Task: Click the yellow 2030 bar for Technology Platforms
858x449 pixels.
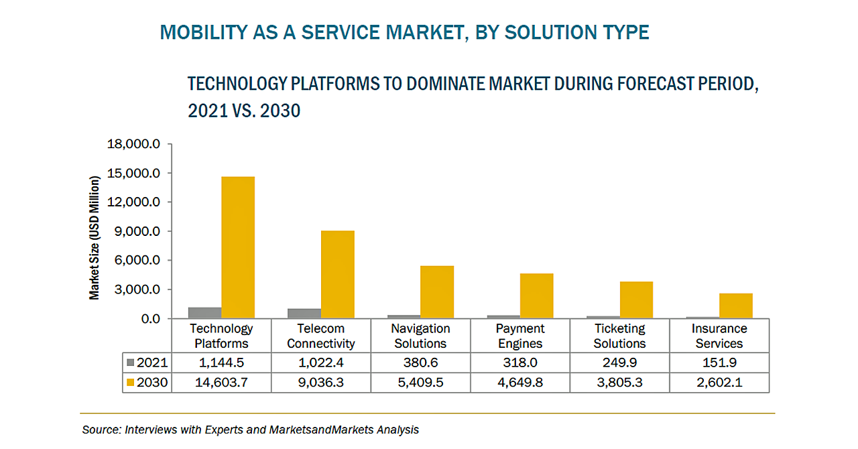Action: pos(238,247)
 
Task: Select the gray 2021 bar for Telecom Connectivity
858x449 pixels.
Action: pos(304,314)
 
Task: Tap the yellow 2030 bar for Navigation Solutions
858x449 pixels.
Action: pos(437,292)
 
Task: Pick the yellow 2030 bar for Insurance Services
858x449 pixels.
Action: pos(736,306)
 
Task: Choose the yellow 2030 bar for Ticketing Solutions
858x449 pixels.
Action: pos(636,300)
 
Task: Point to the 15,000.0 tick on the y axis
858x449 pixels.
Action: pos(139,173)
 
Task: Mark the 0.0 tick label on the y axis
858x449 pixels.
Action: pos(151,318)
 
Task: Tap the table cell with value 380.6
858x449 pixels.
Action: pos(420,363)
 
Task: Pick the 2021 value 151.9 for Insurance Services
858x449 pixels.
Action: pos(719,363)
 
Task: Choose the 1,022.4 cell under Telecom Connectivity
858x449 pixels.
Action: pos(321,363)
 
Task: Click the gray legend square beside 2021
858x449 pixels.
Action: pos(131,363)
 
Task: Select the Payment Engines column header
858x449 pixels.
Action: pos(520,336)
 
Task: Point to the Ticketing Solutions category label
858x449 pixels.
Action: pos(619,336)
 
